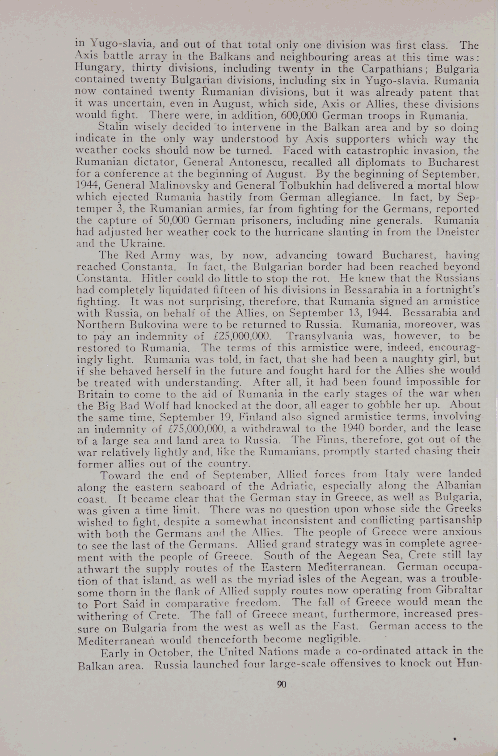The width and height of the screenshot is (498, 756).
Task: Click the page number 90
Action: click(282, 684)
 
